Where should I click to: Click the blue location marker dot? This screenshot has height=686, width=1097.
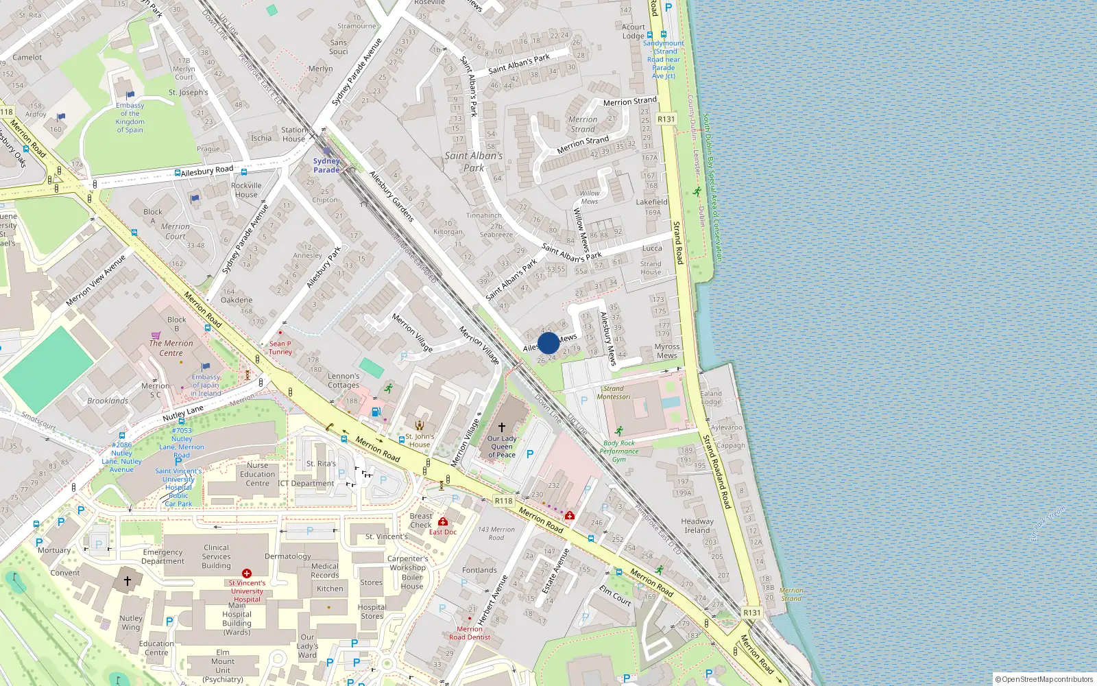(x=548, y=343)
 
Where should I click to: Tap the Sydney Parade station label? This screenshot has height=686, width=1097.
(x=326, y=165)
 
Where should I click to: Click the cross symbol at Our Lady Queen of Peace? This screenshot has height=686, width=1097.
(x=502, y=427)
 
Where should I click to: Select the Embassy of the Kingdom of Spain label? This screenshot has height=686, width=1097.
(x=130, y=117)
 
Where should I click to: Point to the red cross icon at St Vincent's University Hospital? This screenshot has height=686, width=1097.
(x=247, y=573)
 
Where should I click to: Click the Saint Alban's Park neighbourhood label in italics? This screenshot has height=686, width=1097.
(x=474, y=161)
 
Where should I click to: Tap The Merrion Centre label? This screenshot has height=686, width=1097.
(x=171, y=348)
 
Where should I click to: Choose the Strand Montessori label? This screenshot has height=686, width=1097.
(x=614, y=392)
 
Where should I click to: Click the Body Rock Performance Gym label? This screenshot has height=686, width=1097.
(x=619, y=451)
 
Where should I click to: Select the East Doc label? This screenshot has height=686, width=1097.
(x=443, y=532)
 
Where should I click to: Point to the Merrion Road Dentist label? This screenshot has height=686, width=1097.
(x=470, y=632)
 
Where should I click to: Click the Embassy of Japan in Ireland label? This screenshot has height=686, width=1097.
(x=206, y=385)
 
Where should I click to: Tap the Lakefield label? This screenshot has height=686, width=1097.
(x=651, y=202)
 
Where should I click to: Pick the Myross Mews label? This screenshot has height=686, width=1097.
(x=667, y=351)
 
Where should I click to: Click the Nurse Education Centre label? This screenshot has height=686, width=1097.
(x=258, y=474)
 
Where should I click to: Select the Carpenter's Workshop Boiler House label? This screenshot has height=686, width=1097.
(x=409, y=572)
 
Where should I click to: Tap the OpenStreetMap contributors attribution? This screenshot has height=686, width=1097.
(x=1045, y=679)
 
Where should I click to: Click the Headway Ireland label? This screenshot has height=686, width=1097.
(x=697, y=525)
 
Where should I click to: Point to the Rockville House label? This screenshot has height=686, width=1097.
(x=246, y=190)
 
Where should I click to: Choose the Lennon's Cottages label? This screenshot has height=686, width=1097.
(x=343, y=380)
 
